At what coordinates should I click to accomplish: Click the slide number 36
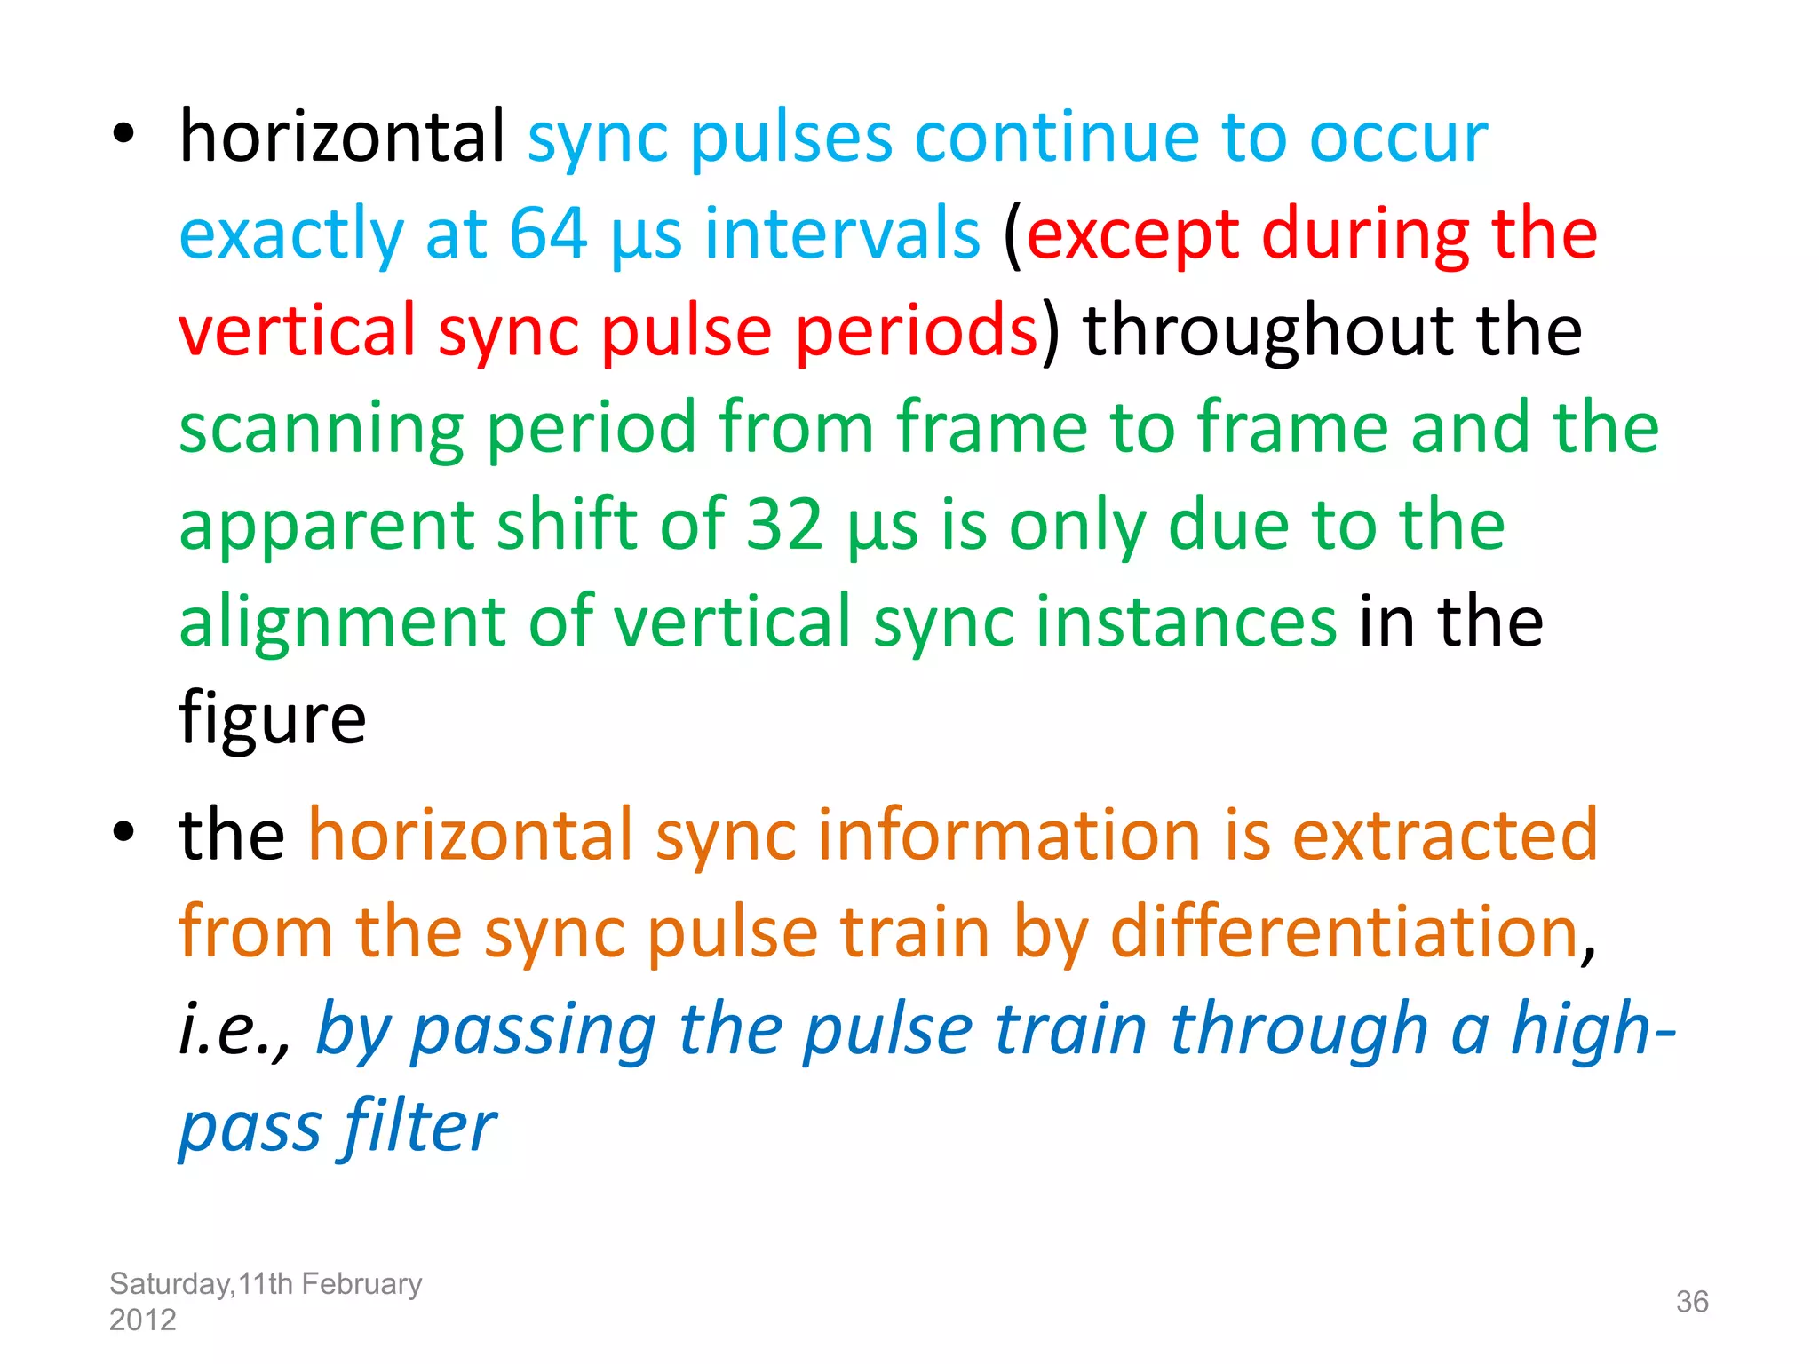click(x=1691, y=1302)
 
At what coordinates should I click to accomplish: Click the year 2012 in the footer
click(x=142, y=1320)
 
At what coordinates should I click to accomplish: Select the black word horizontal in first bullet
click(x=342, y=138)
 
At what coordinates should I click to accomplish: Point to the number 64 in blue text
click(x=547, y=234)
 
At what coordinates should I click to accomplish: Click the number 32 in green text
click(x=784, y=525)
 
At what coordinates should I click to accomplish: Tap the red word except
click(x=1132, y=236)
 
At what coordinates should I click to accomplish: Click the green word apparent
click(x=327, y=527)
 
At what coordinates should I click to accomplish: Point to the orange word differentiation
click(x=1344, y=932)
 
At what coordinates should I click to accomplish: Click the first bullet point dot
click(x=123, y=134)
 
